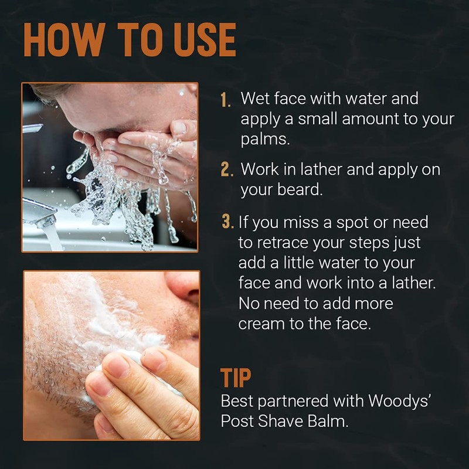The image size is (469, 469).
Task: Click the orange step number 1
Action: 226,100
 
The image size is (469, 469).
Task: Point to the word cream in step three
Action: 261,324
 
